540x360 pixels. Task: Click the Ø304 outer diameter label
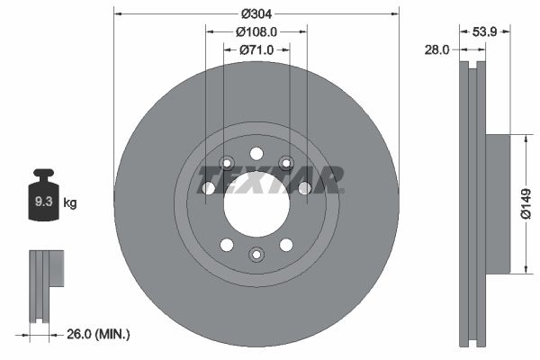pyautogui.click(x=256, y=13)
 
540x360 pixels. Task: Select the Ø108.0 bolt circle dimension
pyautogui.click(x=256, y=31)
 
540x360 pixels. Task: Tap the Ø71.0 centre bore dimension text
pyautogui.click(x=256, y=49)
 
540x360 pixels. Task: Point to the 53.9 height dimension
pyautogui.click(x=485, y=31)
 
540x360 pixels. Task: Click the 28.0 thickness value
pyautogui.click(x=436, y=50)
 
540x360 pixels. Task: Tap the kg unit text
pyautogui.click(x=70, y=203)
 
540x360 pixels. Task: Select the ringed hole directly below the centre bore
pyautogui.click(x=256, y=255)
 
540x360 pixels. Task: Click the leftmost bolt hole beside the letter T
pyautogui.click(x=209, y=188)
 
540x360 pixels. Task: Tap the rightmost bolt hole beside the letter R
pyautogui.click(x=304, y=188)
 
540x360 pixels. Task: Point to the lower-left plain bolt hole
pyautogui.click(x=227, y=244)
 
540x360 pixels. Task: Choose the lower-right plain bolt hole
pyautogui.click(x=286, y=244)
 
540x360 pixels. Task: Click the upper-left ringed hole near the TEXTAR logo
pyautogui.click(x=227, y=163)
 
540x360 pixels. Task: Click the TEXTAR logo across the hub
pyautogui.click(x=269, y=179)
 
